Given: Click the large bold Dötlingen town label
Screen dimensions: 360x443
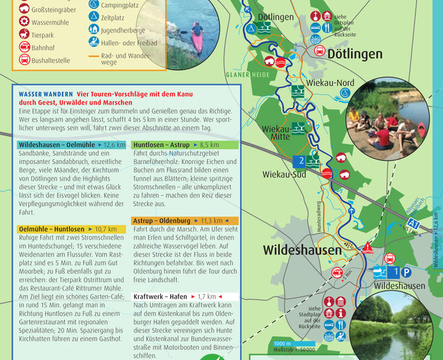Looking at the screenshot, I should [346, 54].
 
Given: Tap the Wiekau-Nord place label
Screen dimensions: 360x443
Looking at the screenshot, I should [330, 83].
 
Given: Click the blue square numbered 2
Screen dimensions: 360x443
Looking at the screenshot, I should [300, 161].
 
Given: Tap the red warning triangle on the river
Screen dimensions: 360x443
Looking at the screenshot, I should [368, 248].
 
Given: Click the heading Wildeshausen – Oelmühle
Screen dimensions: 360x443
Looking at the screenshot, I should [58, 144].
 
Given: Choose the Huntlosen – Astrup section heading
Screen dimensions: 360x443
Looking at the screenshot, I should [161, 144].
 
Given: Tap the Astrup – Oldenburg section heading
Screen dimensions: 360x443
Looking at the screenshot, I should [163, 220].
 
